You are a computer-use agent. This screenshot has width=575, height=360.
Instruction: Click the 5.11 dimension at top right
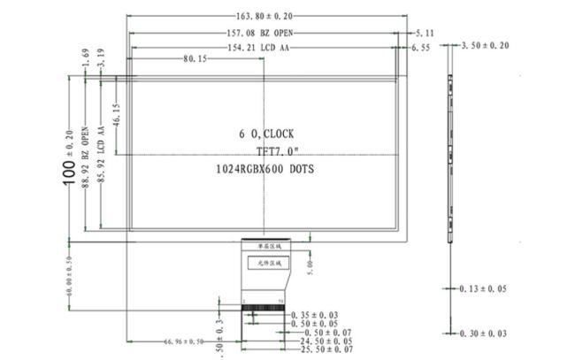pos(424,32)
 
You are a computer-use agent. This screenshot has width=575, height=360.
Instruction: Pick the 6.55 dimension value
pos(424,46)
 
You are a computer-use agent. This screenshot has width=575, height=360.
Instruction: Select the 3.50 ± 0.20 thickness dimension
pos(486,45)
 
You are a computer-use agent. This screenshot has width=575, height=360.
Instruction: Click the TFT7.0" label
pos(265,150)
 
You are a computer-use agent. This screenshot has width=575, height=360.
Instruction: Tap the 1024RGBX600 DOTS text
pos(265,167)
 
